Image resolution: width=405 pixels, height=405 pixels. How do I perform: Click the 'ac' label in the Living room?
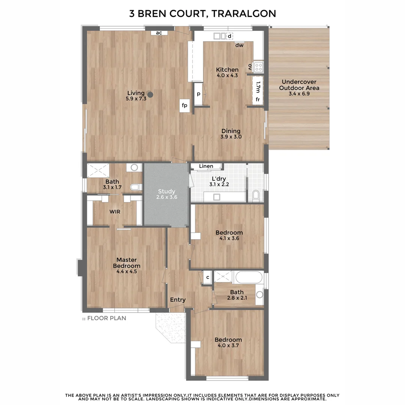159,33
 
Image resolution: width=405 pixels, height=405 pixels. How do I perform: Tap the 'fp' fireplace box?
184,105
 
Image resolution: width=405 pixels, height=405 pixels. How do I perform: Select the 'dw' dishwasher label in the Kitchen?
240,45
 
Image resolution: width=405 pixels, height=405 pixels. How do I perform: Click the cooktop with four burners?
259,67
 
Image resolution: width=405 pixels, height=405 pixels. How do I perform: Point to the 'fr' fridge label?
258,99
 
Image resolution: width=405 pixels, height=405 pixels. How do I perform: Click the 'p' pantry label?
198,94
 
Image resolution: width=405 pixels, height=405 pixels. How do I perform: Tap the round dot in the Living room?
150,94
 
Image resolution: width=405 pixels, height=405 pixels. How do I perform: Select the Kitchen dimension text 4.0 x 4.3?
227,75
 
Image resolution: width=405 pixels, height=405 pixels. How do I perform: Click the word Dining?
231,131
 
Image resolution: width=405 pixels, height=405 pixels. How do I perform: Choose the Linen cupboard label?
206,166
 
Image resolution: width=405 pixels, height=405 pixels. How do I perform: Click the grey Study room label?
166,191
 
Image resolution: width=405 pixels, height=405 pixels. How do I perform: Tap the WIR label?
115,212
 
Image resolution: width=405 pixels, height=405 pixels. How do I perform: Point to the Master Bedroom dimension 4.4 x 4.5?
126,271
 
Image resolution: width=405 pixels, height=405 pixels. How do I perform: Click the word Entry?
178,300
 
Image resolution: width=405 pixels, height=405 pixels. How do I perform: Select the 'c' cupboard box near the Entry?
208,277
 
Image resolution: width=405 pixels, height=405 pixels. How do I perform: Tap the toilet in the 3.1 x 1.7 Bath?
135,186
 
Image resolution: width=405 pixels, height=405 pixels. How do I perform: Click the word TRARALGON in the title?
243,14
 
